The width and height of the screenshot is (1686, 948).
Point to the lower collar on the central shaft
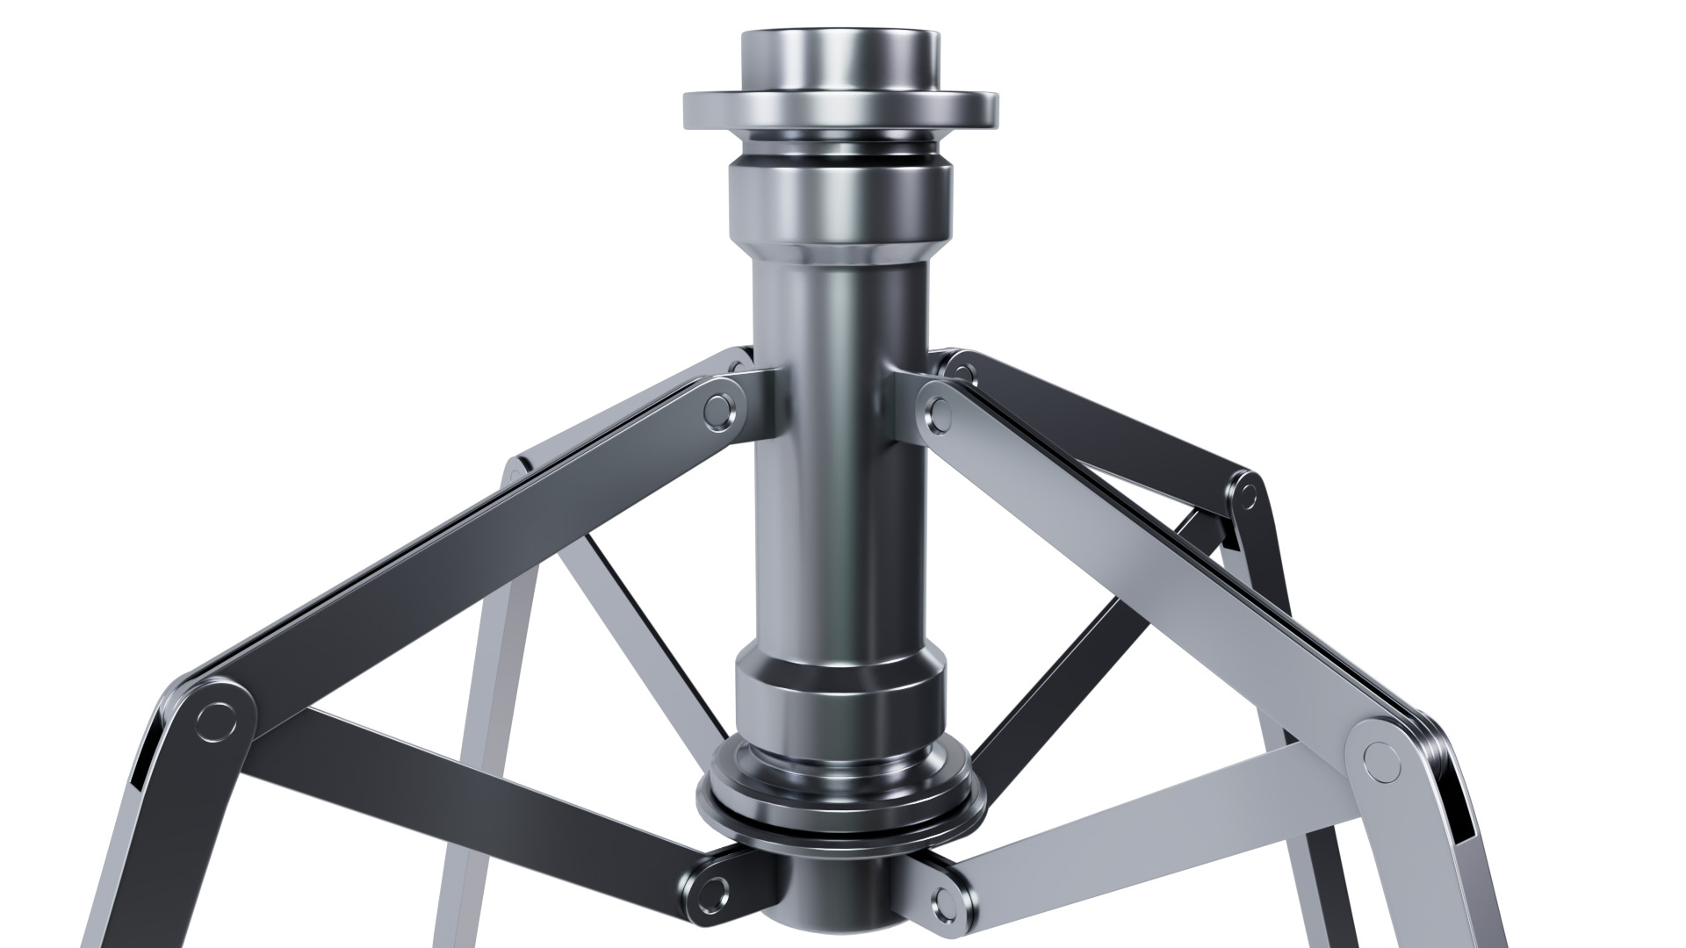840,693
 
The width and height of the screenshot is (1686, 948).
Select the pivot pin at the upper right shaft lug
940,410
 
